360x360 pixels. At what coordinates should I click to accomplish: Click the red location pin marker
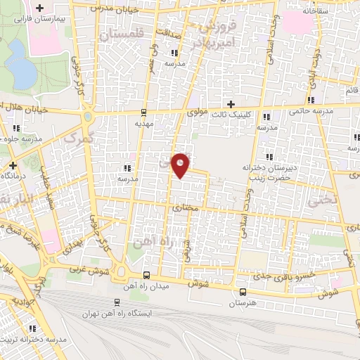181,165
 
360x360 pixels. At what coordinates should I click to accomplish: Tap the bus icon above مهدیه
143,112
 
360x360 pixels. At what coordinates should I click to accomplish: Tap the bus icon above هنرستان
242,292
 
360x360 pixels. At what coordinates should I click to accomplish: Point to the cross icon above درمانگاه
12,166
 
